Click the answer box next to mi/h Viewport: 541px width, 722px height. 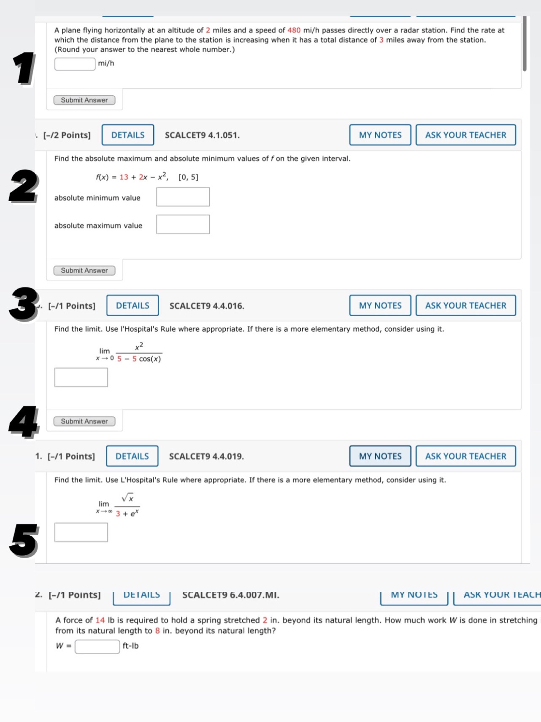[x=75, y=64]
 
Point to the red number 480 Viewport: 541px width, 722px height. [x=294, y=30]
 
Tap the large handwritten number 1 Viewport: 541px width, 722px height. [x=24, y=68]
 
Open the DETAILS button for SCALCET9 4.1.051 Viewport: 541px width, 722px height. [x=128, y=135]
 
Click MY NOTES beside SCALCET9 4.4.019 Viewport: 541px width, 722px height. [x=380, y=456]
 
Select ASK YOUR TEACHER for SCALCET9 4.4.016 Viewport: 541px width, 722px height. [x=465, y=306]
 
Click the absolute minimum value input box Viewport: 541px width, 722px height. [x=183, y=197]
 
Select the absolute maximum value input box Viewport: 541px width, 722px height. [x=183, y=225]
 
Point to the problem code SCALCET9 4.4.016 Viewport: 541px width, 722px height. [x=207, y=306]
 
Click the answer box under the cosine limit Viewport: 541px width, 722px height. [x=81, y=377]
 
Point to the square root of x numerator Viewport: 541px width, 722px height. [x=128, y=498]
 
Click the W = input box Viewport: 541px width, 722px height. [x=97, y=647]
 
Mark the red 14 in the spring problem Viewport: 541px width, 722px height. [x=100, y=620]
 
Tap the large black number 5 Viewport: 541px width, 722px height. [x=24, y=540]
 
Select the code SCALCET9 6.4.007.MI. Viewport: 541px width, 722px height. [x=230, y=595]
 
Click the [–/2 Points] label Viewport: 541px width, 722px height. [x=67, y=135]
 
